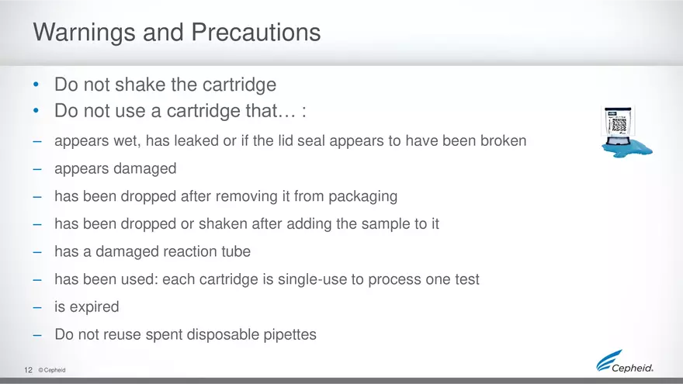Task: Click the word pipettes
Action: click(289, 334)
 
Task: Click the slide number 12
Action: click(28, 370)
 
